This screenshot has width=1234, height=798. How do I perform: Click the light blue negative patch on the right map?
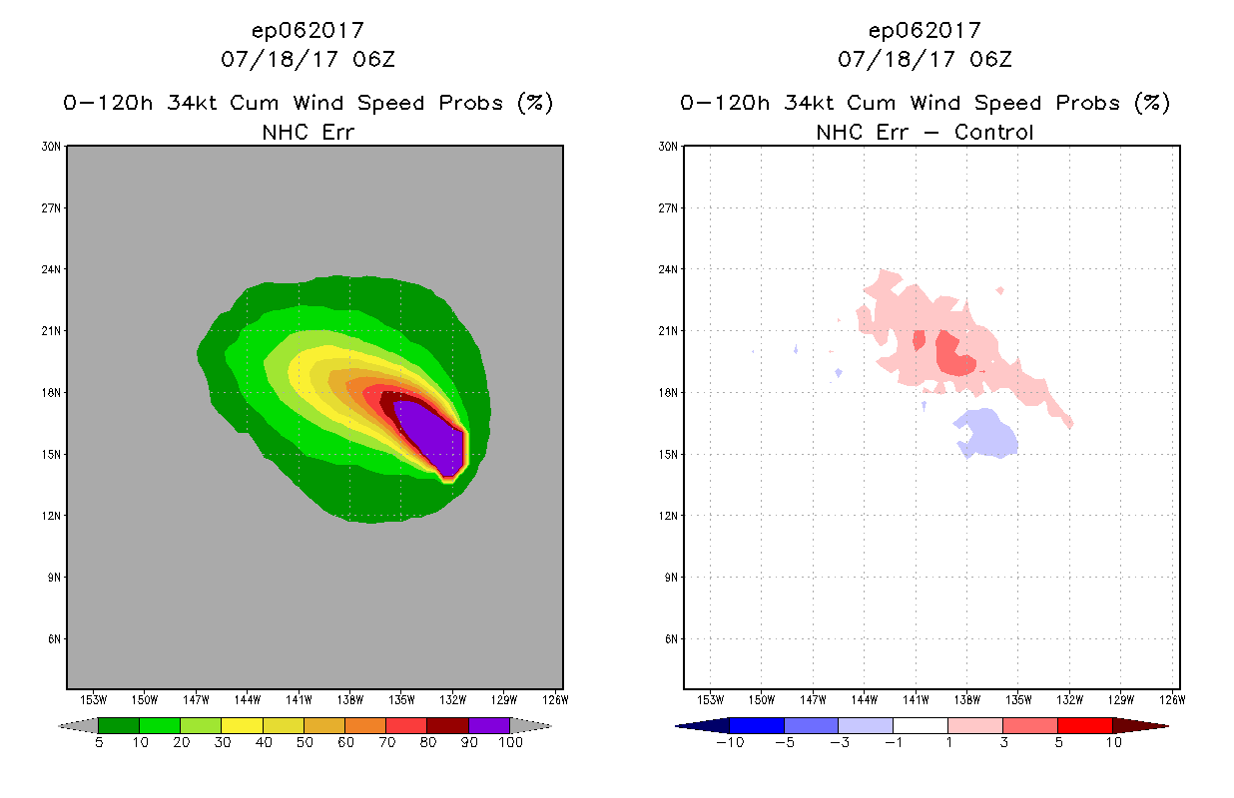[x=987, y=434]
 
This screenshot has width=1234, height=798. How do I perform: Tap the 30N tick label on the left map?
[x=52, y=147]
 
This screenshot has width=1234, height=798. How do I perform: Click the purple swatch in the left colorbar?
[x=489, y=725]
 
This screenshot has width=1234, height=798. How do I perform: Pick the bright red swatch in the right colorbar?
[x=1084, y=725]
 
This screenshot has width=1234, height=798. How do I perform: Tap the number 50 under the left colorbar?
[x=304, y=743]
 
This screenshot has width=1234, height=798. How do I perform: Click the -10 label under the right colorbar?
[x=730, y=743]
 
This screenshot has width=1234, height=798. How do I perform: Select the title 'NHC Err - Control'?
[x=925, y=132]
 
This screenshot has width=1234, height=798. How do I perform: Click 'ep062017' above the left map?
[x=308, y=31]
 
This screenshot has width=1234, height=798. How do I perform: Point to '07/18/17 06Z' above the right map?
[x=925, y=60]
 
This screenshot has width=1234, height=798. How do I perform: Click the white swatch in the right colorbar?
[x=920, y=725]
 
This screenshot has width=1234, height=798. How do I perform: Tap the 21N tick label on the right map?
[x=669, y=331]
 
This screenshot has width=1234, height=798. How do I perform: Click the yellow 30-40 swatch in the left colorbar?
[x=242, y=725]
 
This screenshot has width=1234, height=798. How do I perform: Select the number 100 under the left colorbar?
[x=509, y=743]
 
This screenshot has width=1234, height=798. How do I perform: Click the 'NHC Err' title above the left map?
[x=308, y=132]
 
